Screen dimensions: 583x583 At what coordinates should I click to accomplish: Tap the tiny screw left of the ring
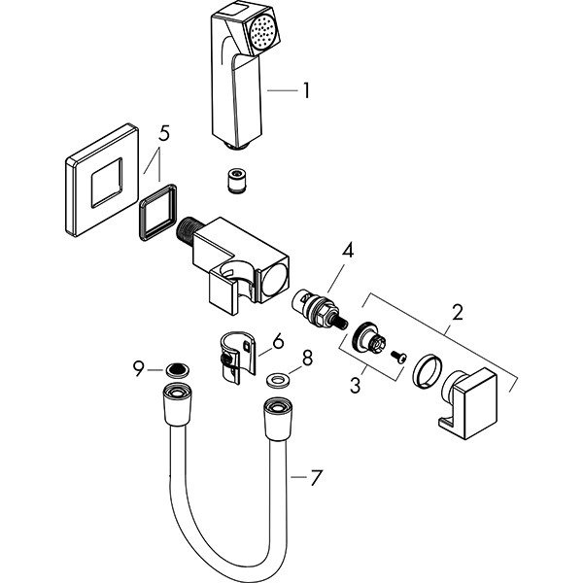[396, 358]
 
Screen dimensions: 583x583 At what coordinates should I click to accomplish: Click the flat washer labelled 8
[277, 379]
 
